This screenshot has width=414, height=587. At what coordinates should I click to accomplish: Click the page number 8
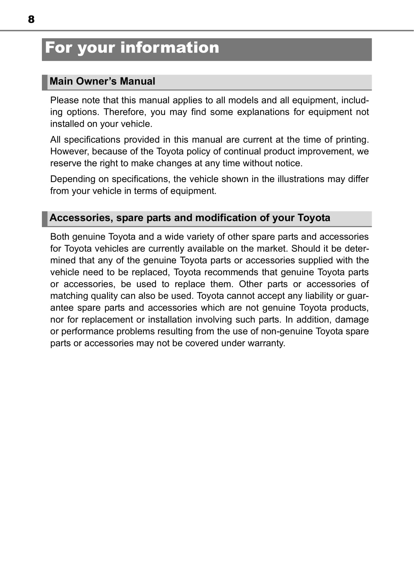(x=31, y=19)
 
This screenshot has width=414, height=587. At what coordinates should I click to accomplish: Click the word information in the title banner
(x=170, y=48)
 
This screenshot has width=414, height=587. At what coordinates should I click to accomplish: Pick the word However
(x=70, y=152)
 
